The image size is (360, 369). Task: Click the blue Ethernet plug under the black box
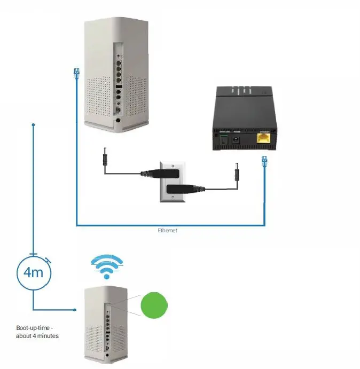(264, 161)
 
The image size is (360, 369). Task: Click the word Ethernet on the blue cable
(167, 230)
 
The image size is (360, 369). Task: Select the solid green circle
(153, 305)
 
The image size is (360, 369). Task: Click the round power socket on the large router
(118, 121)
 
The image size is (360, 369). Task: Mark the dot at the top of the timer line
(33, 125)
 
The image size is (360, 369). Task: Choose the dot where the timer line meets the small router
(75, 309)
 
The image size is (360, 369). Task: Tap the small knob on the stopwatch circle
(49, 261)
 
